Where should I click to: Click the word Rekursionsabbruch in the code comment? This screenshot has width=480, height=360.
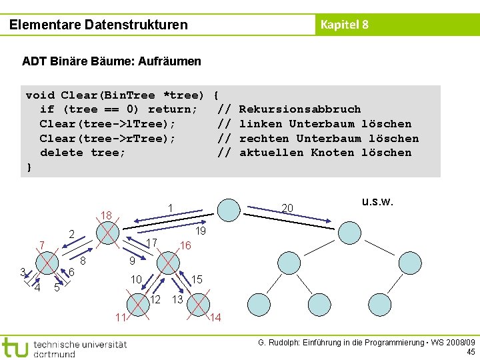point(299,109)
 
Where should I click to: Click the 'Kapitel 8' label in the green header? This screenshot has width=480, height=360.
point(344,25)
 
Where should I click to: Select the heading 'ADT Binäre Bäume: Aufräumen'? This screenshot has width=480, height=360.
point(111,61)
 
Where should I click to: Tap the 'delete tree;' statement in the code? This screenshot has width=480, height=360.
point(83,153)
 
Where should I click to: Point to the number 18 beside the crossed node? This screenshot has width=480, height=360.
point(105,215)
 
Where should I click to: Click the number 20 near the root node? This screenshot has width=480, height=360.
point(287,209)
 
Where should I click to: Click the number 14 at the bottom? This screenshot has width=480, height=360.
point(215,317)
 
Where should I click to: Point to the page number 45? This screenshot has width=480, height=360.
point(471,352)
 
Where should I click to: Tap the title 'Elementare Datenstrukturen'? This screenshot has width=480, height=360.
point(99,25)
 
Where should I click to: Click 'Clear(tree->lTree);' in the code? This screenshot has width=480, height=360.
point(108,124)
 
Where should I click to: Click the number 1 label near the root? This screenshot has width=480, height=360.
point(171,208)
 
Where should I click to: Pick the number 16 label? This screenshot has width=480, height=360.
point(185,246)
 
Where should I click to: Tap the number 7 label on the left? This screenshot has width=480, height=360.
point(41,246)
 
